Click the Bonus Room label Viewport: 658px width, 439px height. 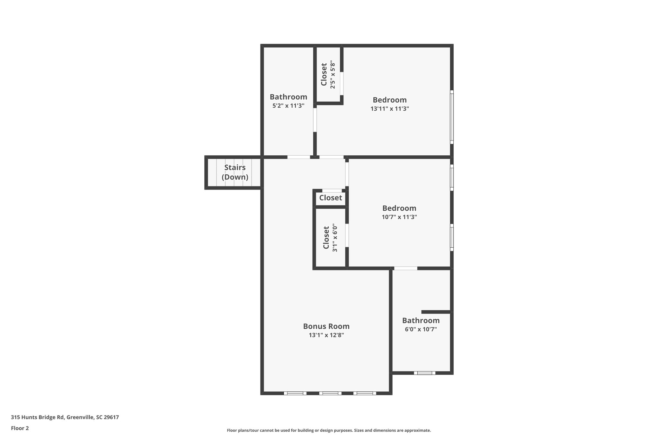326,326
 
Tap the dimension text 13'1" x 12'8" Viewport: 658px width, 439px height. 326,335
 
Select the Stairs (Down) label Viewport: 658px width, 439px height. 235,172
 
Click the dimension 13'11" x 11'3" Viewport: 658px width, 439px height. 389,109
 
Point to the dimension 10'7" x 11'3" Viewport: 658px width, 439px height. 399,217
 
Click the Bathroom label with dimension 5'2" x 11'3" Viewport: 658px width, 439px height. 288,97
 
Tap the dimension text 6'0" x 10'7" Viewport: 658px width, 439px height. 421,329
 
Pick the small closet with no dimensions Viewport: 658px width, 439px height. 330,198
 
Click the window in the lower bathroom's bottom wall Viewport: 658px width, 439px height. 424,373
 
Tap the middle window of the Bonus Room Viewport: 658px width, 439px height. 330,393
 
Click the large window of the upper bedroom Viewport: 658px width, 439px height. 451,117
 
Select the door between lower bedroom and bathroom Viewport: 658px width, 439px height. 405,268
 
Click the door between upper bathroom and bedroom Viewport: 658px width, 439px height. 315,120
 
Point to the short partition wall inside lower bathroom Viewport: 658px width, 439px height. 436,312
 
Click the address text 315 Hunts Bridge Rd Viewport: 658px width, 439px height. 65,417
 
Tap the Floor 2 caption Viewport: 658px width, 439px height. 20,428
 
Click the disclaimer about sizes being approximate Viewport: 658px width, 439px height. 329,430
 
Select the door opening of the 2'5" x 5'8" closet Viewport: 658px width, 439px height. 342,83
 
